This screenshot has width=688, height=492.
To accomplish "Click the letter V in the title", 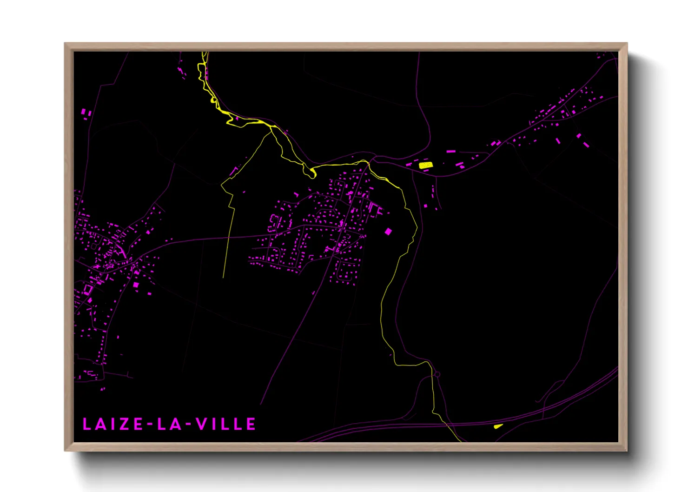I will point(201,424).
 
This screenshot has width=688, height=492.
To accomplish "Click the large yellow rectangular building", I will point(425,165).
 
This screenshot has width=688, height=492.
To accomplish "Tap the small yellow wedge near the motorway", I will point(498,426).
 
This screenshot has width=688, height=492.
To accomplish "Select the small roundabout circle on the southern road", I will point(437,374).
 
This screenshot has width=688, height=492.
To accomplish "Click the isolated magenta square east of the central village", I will point(388,231).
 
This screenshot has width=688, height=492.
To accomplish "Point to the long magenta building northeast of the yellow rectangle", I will point(450,152).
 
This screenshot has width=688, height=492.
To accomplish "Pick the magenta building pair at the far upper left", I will point(85,113).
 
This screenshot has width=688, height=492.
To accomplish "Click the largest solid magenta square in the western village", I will point(136,285).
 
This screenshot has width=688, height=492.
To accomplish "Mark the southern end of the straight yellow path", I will point(224,277).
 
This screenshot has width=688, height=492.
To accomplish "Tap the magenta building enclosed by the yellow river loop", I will point(236,119).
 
